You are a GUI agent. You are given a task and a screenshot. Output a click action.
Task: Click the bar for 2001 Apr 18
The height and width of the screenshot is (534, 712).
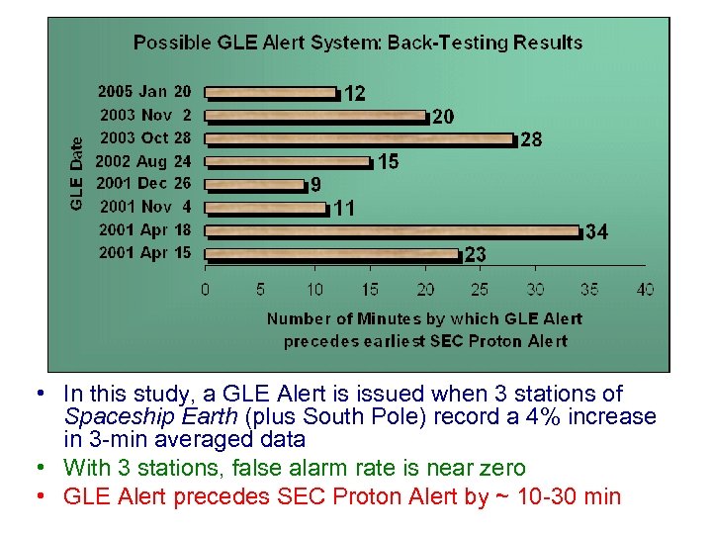click(x=392, y=231)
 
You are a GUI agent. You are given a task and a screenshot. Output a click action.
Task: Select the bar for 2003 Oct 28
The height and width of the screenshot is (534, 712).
click(x=360, y=139)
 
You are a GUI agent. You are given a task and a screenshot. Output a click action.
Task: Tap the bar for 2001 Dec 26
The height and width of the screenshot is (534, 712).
click(x=255, y=185)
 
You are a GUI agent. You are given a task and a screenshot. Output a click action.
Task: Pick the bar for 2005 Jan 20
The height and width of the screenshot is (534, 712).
click(x=271, y=93)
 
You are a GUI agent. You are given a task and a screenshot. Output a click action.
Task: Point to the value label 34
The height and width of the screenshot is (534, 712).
click(x=596, y=232)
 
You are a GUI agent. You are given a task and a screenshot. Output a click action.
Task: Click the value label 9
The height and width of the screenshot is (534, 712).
click(x=315, y=185)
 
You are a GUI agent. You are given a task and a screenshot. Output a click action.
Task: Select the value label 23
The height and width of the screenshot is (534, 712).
click(x=476, y=255)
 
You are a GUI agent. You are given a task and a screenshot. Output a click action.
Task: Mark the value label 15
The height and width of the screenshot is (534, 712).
click(x=388, y=161)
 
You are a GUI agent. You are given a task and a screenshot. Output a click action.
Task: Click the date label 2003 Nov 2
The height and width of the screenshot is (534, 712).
click(x=144, y=115)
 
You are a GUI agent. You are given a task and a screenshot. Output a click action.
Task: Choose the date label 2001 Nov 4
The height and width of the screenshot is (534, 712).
click(x=144, y=207)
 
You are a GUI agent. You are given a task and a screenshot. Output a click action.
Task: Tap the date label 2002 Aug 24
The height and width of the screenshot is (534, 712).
click(x=144, y=160)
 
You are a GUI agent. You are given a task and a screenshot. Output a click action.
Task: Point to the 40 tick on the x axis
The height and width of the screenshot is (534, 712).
click(x=646, y=290)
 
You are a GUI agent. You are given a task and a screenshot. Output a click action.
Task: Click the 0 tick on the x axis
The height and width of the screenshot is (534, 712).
click(x=205, y=290)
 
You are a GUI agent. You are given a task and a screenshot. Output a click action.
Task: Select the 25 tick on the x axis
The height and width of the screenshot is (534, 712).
click(x=480, y=290)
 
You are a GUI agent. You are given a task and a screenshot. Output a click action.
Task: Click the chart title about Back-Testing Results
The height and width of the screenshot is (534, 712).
click(x=358, y=43)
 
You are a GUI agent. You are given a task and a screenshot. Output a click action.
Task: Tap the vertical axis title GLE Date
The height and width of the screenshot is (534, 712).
click(x=77, y=173)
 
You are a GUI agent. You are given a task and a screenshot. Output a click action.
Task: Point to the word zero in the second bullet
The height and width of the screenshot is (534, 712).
click(x=506, y=467)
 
